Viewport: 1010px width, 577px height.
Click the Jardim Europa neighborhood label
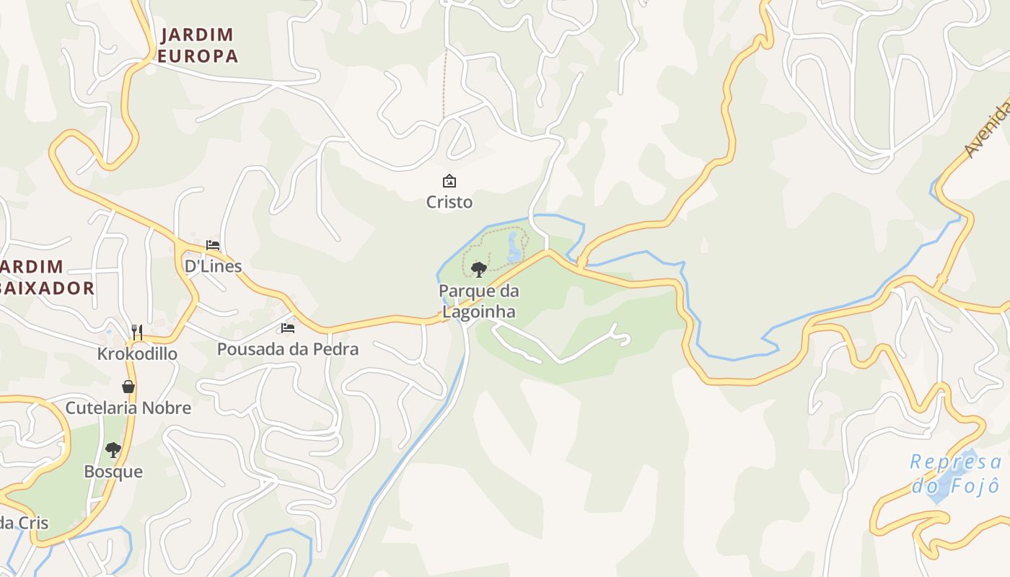pyautogui.click(x=198, y=45)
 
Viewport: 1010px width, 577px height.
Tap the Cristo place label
pyautogui.click(x=449, y=202)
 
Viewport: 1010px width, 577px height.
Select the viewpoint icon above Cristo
pyautogui.click(x=449, y=180)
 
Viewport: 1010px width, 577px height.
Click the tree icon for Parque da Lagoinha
pyautogui.click(x=478, y=270)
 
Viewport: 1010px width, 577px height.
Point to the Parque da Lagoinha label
pyautogui.click(x=479, y=301)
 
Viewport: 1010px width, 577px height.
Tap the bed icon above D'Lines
pyautogui.click(x=212, y=245)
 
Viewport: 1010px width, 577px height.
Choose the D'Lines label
pyautogui.click(x=213, y=266)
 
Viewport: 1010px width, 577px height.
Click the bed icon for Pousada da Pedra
pyautogui.click(x=288, y=328)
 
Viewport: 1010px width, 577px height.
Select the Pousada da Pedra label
pyautogui.click(x=288, y=349)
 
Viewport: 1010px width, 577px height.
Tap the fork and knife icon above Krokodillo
pyautogui.click(x=137, y=332)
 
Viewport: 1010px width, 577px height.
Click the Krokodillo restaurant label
pyautogui.click(x=137, y=354)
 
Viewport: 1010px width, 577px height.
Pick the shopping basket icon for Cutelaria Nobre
pyautogui.click(x=128, y=387)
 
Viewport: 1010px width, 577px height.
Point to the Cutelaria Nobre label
pyautogui.click(x=128, y=408)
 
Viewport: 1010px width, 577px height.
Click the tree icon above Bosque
pyautogui.click(x=113, y=450)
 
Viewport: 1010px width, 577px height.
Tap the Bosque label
pyautogui.click(x=113, y=472)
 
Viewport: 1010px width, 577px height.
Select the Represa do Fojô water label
pyautogui.click(x=955, y=473)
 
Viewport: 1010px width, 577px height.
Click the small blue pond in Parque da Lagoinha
pyautogui.click(x=514, y=247)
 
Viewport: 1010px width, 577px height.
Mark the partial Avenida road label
pyautogui.click(x=987, y=130)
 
